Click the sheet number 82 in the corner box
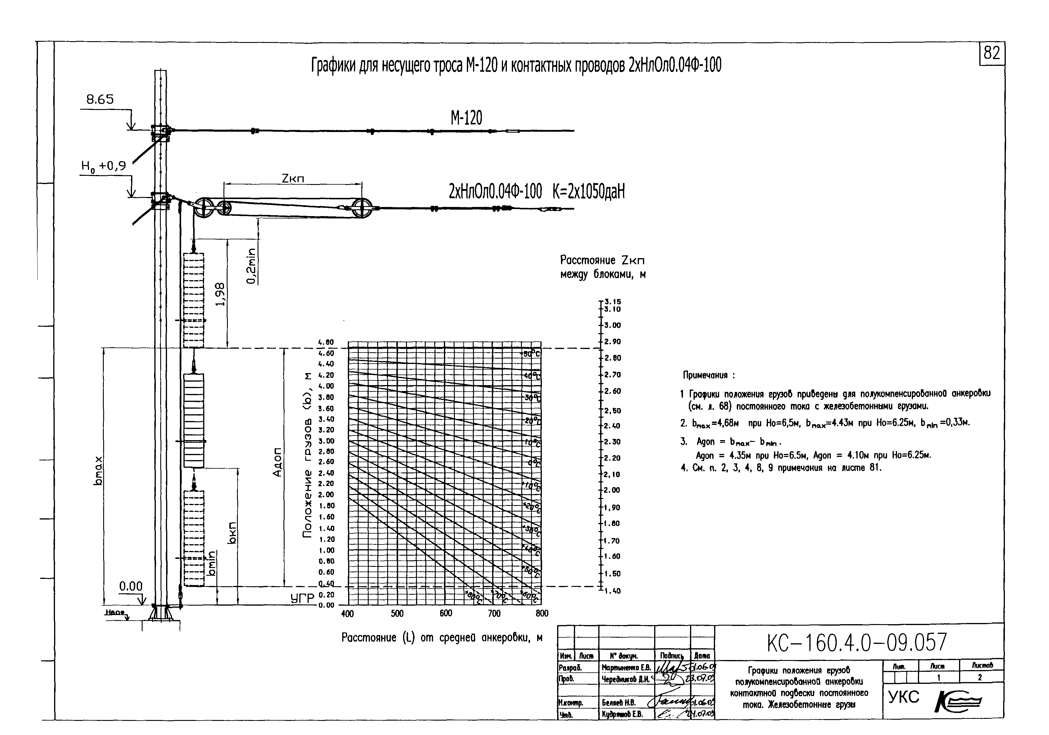pyautogui.click(x=991, y=54)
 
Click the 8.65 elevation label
pyautogui.click(x=100, y=100)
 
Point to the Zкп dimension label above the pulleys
pyautogui.click(x=293, y=179)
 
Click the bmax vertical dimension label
pyautogui.click(x=98, y=470)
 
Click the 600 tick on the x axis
pyautogui.click(x=446, y=614)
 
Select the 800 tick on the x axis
pyautogui.click(x=542, y=614)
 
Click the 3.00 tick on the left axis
pyautogui.click(x=326, y=441)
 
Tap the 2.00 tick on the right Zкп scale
pyautogui.click(x=613, y=490)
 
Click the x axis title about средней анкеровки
pyautogui.click(x=442, y=638)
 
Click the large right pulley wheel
pyautogui.click(x=362, y=208)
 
